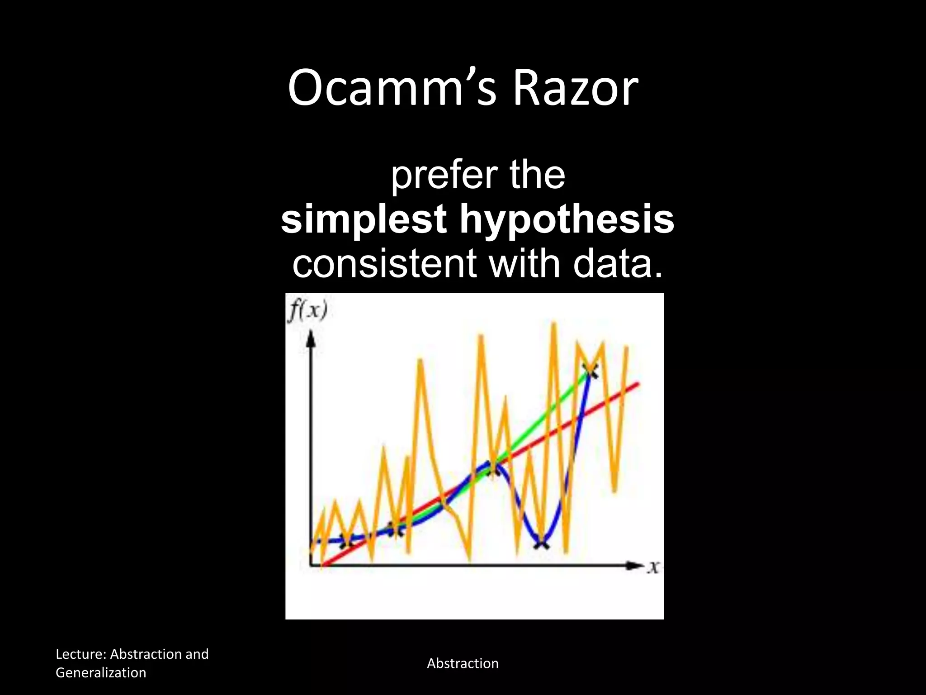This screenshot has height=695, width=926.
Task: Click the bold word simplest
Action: point(364,219)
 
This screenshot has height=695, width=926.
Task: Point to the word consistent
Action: point(384,263)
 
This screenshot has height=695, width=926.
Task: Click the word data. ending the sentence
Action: point(618,263)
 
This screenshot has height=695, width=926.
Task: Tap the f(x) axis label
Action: point(308,311)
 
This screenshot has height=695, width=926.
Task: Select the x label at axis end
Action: point(653,566)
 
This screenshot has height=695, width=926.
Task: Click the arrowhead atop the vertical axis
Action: point(310,338)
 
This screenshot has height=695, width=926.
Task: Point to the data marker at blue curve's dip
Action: point(541,543)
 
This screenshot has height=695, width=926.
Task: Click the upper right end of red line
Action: point(638,384)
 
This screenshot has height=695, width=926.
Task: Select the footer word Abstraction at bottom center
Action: point(463,663)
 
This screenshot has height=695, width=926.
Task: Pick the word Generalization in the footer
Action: point(101,672)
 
